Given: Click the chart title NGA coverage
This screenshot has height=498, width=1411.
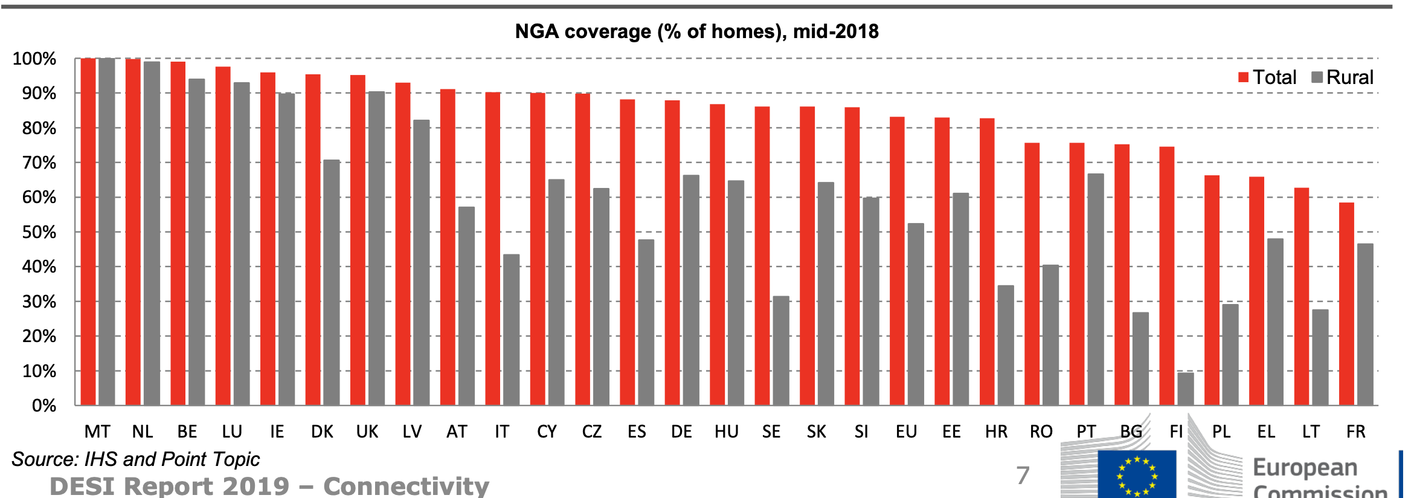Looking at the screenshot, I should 696,31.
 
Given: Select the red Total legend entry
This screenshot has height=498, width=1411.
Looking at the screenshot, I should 1267,77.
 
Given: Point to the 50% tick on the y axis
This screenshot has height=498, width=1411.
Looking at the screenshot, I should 39,232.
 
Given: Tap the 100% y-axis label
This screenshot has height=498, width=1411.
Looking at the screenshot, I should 34,59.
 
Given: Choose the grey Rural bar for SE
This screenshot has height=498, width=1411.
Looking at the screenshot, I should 780,351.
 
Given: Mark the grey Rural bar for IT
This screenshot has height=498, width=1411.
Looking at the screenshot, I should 511,329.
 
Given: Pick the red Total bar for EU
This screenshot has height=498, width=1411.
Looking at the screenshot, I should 897,260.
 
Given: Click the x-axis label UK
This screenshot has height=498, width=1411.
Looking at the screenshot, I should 367,432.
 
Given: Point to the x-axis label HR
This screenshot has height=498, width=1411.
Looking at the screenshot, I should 996,432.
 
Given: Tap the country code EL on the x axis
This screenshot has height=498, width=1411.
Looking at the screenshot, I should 1266,432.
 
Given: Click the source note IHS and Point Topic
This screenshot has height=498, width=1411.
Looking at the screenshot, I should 135,459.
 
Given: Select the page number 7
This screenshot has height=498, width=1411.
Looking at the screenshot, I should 1022,476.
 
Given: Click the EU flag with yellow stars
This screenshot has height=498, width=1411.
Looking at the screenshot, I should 1136,475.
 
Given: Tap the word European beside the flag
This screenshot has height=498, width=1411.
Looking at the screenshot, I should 1305,468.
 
